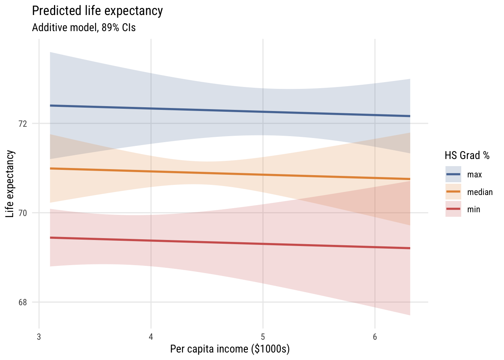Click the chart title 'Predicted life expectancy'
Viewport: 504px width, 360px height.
point(97,11)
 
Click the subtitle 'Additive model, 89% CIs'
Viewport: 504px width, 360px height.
point(84,28)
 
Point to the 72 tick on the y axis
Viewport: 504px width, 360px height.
point(22,123)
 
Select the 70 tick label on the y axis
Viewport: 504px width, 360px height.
point(22,213)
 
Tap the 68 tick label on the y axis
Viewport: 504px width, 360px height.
point(22,302)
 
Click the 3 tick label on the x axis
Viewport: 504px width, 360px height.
point(39,337)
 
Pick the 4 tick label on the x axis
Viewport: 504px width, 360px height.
point(151,337)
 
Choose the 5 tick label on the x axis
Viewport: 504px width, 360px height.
point(263,337)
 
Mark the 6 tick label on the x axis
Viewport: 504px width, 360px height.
point(375,337)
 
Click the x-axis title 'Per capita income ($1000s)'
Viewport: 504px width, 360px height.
point(230,349)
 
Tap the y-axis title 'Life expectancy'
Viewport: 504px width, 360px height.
point(10,184)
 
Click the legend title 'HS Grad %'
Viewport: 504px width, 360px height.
point(467,156)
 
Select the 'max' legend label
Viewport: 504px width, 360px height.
point(474,175)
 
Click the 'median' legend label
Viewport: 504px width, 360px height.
point(480,192)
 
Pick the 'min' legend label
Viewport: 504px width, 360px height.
point(474,210)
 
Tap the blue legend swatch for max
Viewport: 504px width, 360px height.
point(453,174)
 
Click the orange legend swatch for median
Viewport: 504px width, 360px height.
point(453,192)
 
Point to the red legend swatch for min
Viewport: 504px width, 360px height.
point(453,209)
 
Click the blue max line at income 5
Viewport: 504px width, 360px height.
point(263,112)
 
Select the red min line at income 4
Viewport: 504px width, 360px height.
point(151,240)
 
